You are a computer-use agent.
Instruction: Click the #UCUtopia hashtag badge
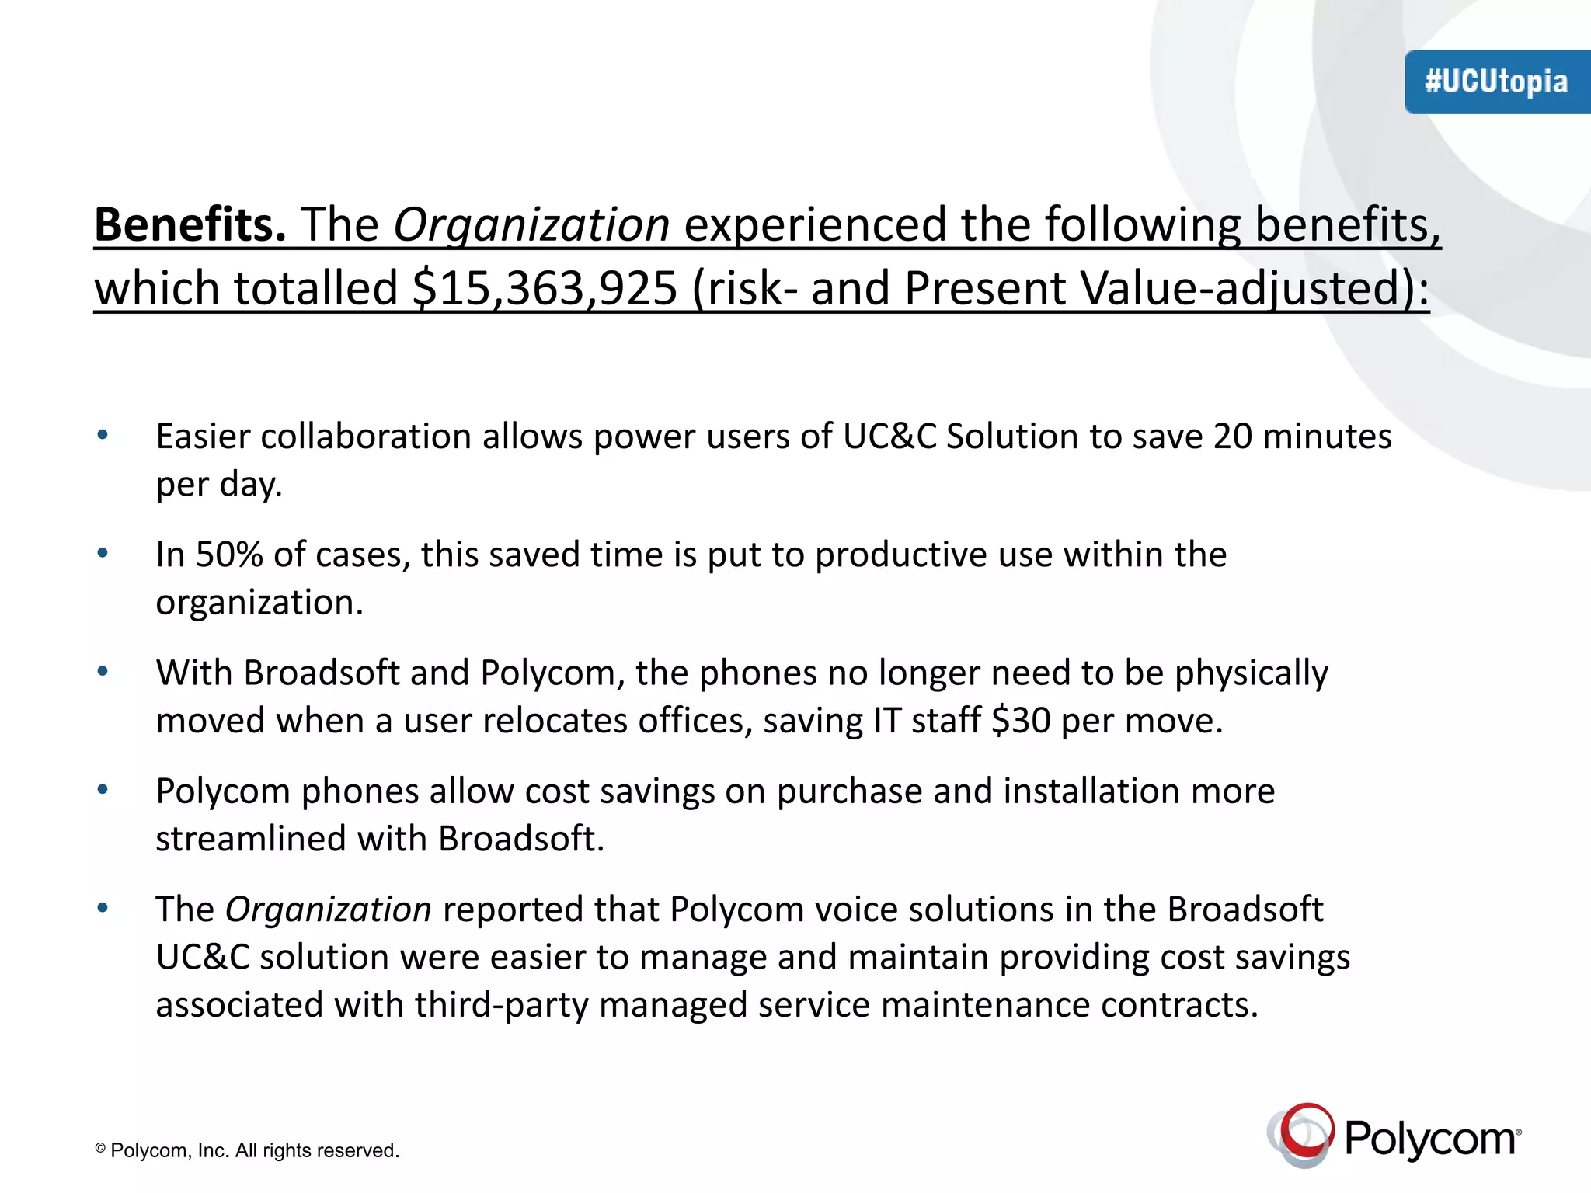pyautogui.click(x=1496, y=82)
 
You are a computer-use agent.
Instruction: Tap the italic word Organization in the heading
pyautogui.click(x=531, y=225)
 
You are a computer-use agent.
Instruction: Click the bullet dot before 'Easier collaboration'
pyautogui.click(x=103, y=435)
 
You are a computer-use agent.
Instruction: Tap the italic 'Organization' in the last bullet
pyautogui.click(x=328, y=910)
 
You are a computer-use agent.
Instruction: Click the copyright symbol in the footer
pyautogui.click(x=100, y=1148)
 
